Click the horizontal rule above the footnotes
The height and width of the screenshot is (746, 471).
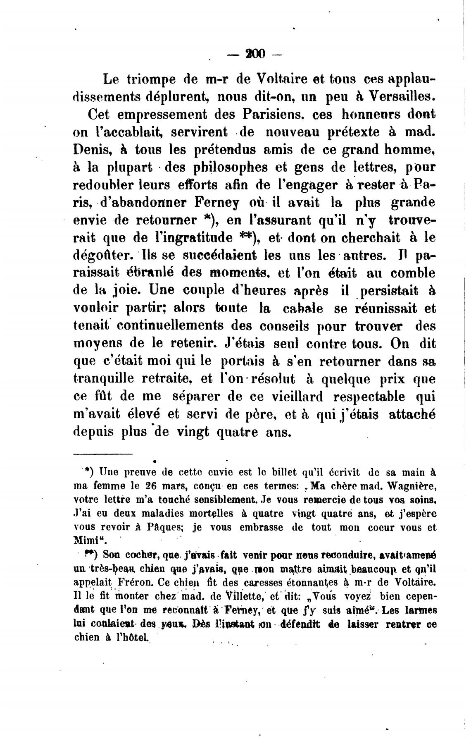[x=103, y=454]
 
